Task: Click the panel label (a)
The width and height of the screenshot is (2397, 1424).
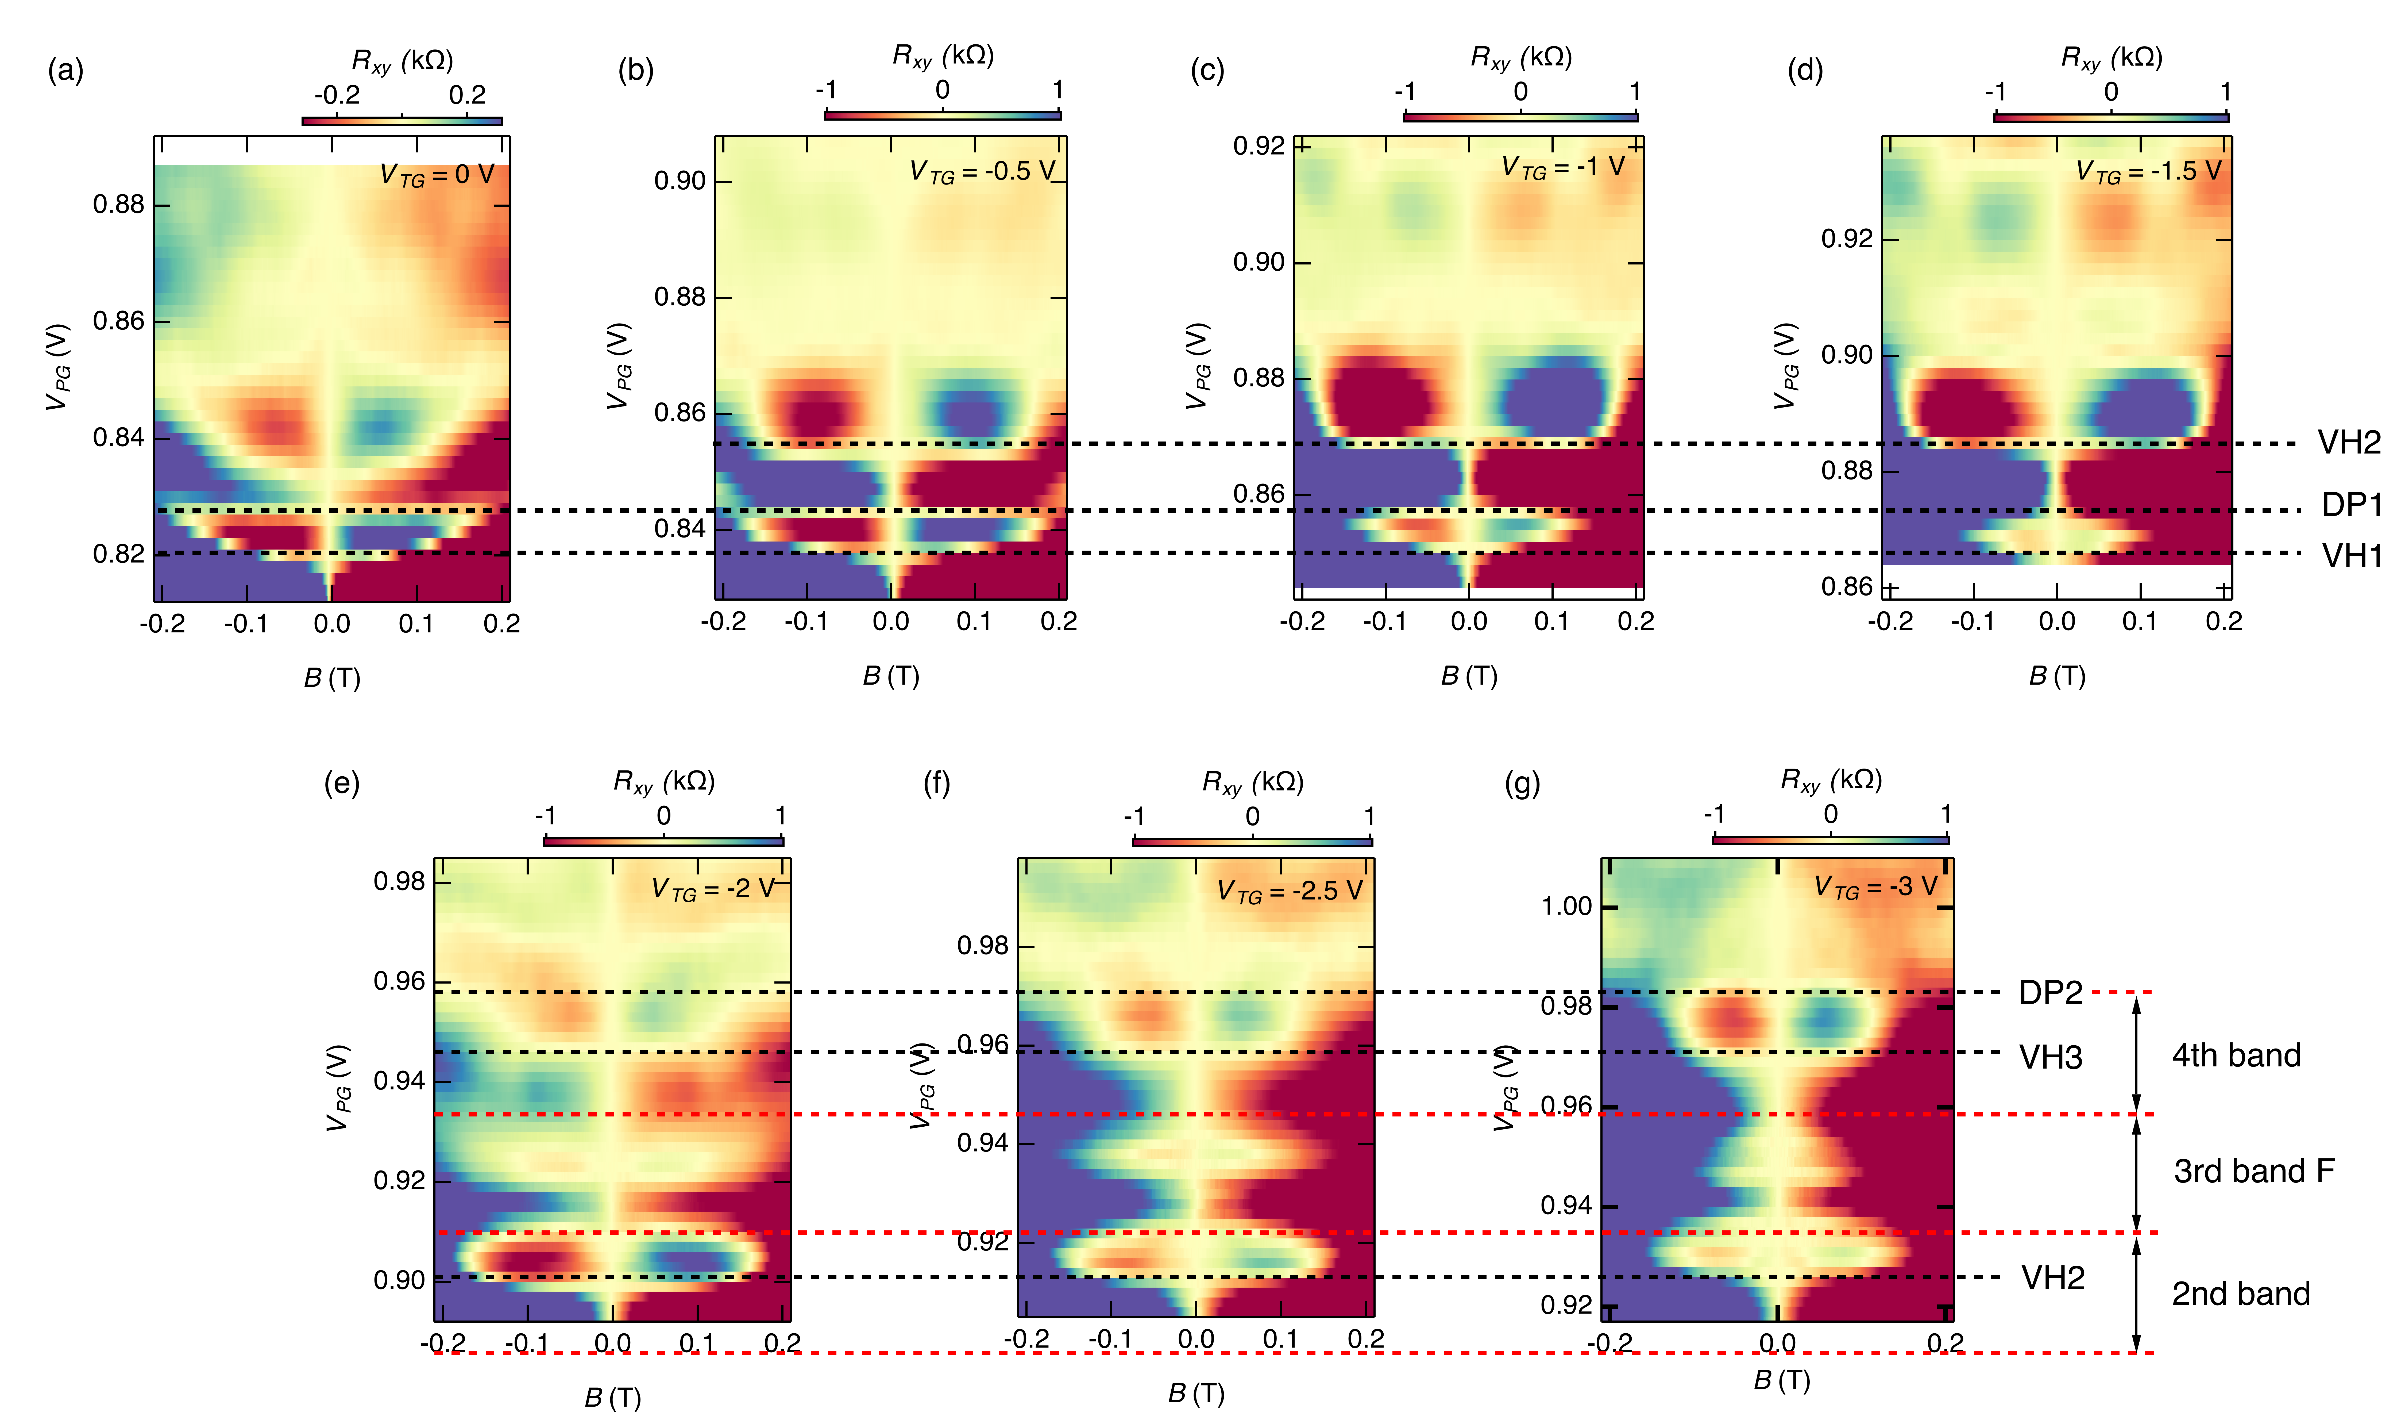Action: (x=65, y=71)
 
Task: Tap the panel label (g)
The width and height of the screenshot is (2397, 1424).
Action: (x=1522, y=784)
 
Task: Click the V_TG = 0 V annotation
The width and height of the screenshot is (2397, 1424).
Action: (x=437, y=175)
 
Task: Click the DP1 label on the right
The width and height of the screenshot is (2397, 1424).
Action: (x=2351, y=505)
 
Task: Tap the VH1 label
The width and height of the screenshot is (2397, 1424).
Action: (x=2351, y=556)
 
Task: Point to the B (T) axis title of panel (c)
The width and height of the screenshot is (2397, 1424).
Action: (x=1469, y=677)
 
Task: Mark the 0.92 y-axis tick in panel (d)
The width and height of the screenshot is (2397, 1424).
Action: (x=1846, y=239)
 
